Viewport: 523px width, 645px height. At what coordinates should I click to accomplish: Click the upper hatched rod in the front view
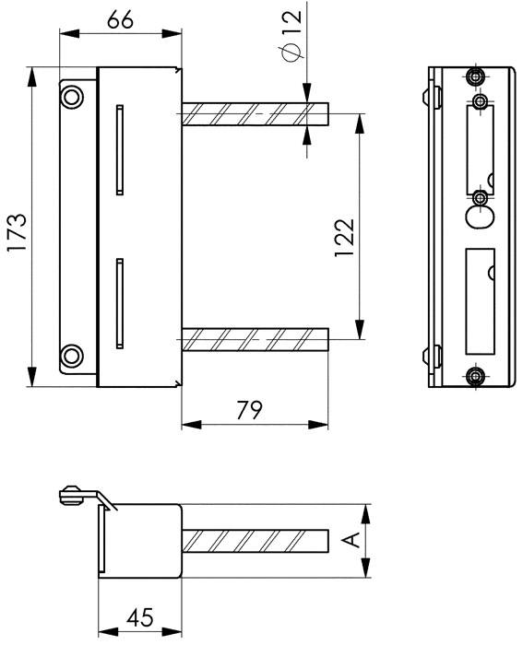[x=255, y=113]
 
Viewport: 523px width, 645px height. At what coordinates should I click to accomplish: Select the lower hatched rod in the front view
[x=255, y=340]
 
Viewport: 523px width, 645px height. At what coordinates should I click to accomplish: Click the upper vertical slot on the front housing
[x=118, y=150]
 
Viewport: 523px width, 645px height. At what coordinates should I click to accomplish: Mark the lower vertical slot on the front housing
[x=118, y=302]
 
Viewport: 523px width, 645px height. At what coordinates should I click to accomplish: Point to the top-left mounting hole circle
[x=72, y=93]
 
